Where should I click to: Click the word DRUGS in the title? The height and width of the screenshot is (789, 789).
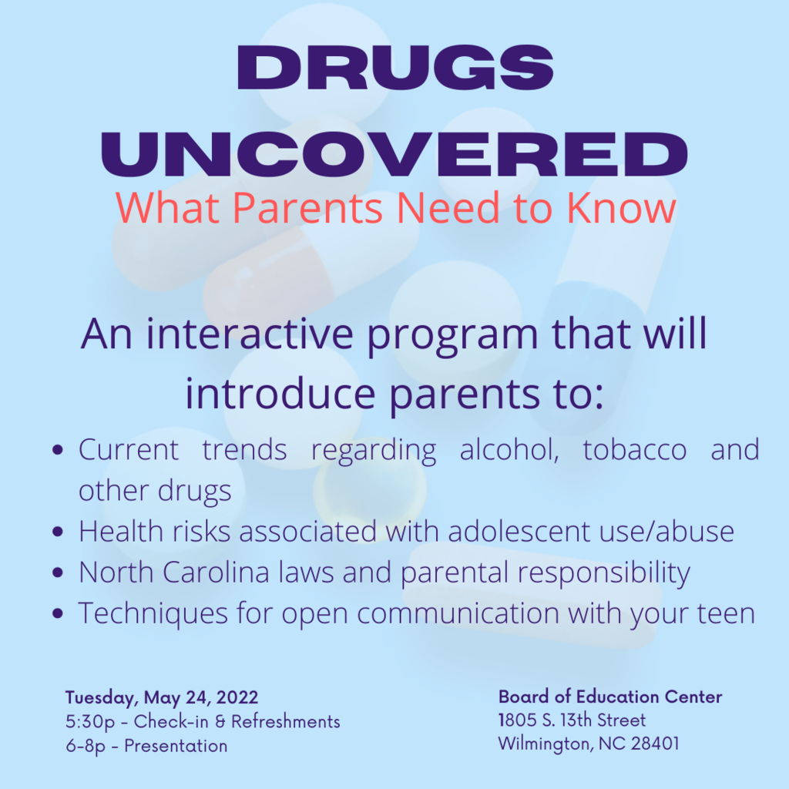point(395,68)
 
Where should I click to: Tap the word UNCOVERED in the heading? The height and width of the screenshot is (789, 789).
point(394,154)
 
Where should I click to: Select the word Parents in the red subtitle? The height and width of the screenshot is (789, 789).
point(307,207)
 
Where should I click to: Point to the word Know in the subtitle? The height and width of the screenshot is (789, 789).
point(621,207)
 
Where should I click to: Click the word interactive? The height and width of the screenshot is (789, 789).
point(250,334)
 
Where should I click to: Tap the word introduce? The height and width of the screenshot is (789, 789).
point(280,394)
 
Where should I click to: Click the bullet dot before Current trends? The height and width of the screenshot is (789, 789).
point(58,449)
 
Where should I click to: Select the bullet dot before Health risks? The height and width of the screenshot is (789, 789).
point(58,532)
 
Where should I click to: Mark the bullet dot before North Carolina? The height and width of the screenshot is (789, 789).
point(58,572)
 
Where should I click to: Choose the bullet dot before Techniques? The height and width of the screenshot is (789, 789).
point(58,613)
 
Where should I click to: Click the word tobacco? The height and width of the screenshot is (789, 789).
point(635,449)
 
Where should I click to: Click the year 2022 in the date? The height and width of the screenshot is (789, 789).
point(237,697)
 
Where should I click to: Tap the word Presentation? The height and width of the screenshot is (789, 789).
point(176,746)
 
